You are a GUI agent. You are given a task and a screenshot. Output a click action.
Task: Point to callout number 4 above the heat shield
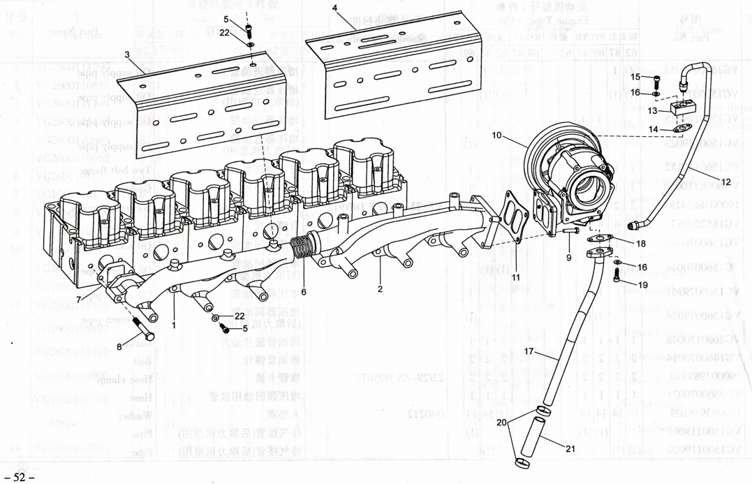click(335, 8)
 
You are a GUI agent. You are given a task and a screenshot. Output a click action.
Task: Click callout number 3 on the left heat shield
click(128, 54)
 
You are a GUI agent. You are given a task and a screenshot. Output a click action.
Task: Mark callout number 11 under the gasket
click(515, 277)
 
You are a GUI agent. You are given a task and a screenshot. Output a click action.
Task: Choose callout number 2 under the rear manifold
click(381, 287)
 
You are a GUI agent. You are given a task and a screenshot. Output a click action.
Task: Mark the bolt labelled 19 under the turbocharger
click(617, 276)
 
